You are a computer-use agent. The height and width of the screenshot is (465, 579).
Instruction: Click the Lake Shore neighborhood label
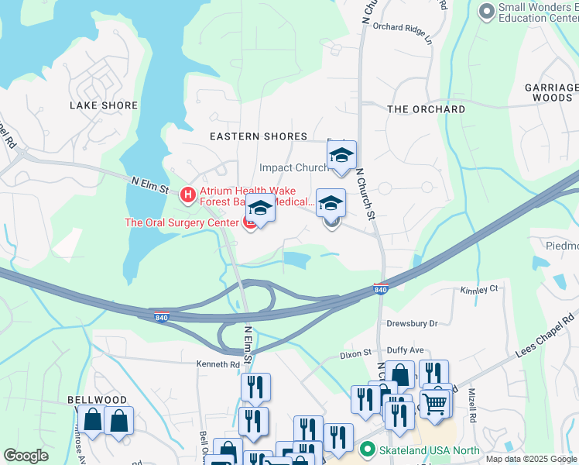(x=104, y=105)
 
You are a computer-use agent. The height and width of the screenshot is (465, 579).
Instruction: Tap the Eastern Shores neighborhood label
(x=259, y=136)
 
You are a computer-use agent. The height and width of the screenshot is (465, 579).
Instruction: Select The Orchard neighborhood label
(x=426, y=109)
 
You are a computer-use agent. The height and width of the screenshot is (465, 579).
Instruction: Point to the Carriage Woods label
(x=551, y=93)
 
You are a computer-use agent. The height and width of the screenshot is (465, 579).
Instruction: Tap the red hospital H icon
(x=187, y=194)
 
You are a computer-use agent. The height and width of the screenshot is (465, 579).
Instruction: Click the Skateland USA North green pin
(x=368, y=449)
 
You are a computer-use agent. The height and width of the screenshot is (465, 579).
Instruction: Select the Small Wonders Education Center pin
(x=486, y=11)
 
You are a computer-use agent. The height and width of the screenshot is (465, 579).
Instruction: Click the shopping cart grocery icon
(x=435, y=402)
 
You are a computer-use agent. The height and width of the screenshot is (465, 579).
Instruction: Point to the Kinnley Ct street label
(x=479, y=288)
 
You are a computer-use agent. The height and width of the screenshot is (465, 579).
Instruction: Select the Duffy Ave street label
(x=406, y=350)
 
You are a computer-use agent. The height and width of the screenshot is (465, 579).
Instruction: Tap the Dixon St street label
(x=356, y=354)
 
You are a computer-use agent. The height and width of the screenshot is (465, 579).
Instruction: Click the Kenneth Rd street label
(x=218, y=364)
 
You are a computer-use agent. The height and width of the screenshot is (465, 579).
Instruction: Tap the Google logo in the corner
(x=26, y=456)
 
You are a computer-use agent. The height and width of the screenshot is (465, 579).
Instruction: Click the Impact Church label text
(x=294, y=167)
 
